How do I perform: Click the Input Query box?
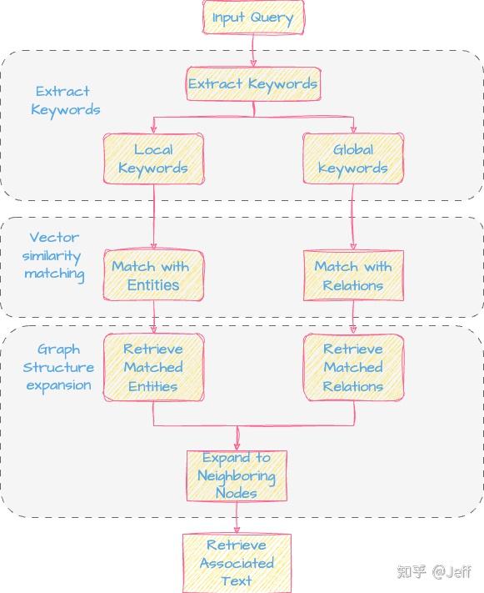(x=253, y=18)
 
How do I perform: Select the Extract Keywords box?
(x=252, y=84)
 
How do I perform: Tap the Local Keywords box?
(x=153, y=158)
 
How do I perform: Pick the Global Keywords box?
(x=353, y=158)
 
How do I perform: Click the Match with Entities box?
(x=153, y=275)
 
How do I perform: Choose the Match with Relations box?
(x=353, y=275)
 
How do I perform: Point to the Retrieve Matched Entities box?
(x=153, y=368)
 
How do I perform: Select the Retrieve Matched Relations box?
(x=353, y=368)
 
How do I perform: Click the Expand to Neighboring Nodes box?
(x=237, y=475)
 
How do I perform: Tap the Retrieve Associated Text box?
(x=237, y=563)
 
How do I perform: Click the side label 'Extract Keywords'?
(x=65, y=101)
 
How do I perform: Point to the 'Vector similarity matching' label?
(x=54, y=256)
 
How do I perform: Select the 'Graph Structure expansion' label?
(x=59, y=368)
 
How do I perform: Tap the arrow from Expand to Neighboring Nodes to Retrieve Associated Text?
(x=237, y=517)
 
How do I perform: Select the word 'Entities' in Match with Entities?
(x=153, y=285)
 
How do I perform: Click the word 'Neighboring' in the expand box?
(x=237, y=475)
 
